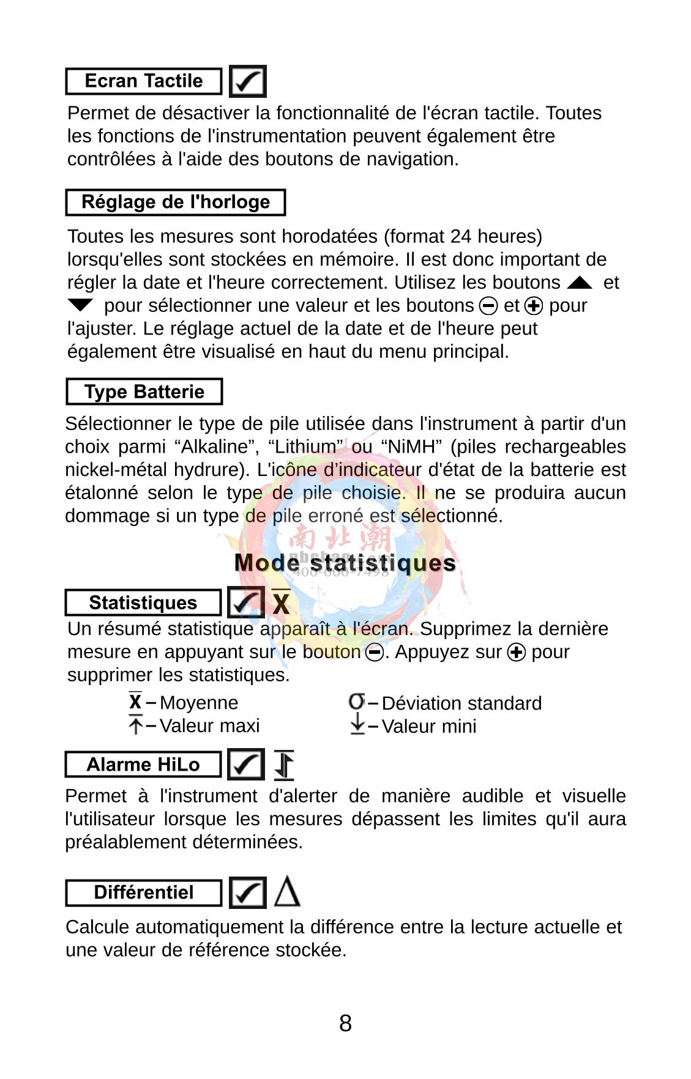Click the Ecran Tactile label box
(143, 81)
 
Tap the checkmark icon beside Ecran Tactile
(248, 81)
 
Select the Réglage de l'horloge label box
(176, 202)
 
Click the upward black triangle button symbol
(580, 283)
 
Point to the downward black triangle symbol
(80, 305)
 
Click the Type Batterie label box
(144, 391)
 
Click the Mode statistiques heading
(345, 563)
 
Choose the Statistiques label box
(143, 603)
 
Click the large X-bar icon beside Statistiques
(281, 603)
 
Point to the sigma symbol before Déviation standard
(356, 701)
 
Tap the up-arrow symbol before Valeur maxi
(136, 725)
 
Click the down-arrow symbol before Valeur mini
(357, 725)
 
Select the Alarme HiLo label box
(143, 765)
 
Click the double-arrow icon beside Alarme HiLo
(284, 765)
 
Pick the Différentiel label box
(143, 892)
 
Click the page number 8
(345, 1023)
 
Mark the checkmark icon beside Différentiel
(247, 892)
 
